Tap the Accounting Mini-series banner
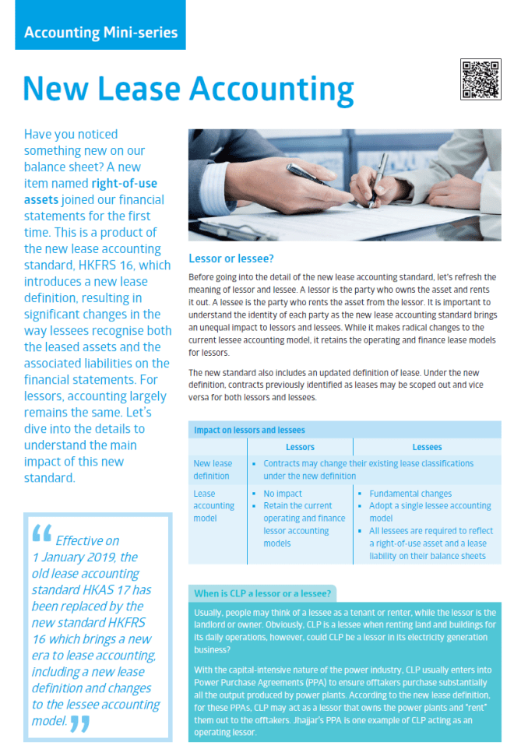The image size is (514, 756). coord(100,33)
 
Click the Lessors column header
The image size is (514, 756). coord(300,447)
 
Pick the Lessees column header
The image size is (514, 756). coord(427,447)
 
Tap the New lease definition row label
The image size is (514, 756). coord(213,469)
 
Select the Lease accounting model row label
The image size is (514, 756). coord(213,505)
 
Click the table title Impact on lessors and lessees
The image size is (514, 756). coord(249,430)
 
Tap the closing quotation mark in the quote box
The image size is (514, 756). coord(80,723)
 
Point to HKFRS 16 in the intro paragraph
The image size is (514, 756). coord(132,265)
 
